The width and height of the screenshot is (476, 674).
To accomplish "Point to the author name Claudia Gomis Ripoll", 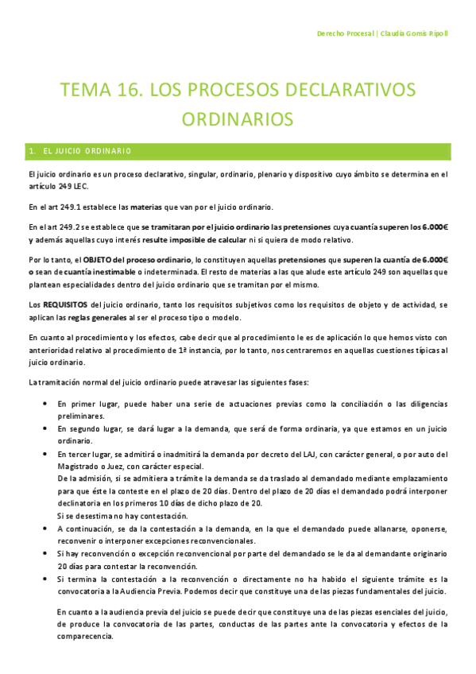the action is coord(415,35).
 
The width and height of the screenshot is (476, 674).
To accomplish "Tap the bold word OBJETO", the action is coord(100,260).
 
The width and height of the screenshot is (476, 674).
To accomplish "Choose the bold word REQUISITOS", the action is coord(64,304).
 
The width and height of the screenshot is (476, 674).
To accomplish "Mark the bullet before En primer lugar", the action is coord(44,404).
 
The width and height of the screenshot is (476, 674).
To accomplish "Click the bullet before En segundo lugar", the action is coord(44,428).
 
